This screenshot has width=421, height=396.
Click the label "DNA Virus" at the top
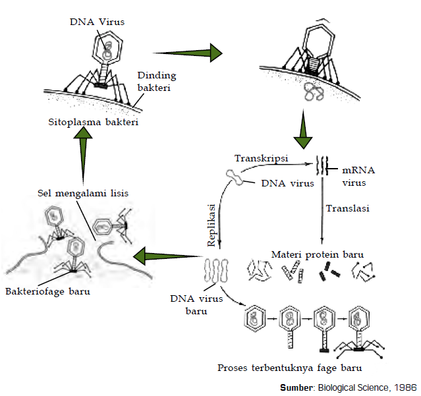97,22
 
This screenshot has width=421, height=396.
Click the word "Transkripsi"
258,158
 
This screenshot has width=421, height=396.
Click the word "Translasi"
348,208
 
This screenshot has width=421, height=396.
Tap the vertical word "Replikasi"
212,224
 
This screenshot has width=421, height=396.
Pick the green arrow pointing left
165,256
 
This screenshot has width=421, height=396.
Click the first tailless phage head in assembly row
254,319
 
